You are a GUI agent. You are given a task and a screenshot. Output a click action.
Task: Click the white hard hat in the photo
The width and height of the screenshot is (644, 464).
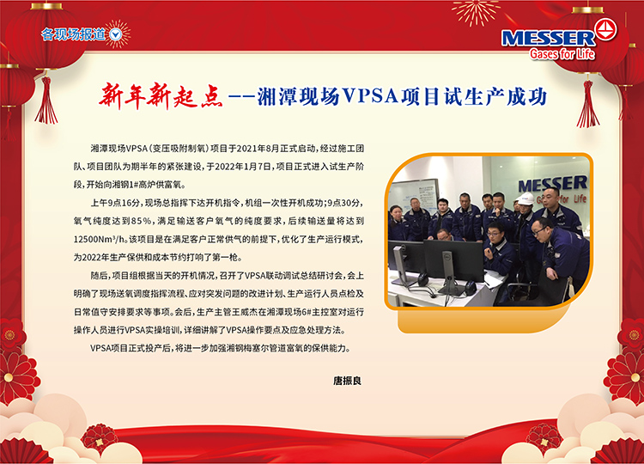tap(525, 198)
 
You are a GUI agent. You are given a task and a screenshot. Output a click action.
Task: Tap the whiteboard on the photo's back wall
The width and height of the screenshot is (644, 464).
tap(415, 194)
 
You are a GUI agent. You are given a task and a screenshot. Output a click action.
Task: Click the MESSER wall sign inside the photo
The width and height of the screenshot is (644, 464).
tap(553, 189)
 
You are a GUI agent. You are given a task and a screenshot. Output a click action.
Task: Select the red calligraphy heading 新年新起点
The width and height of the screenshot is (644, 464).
tap(161, 96)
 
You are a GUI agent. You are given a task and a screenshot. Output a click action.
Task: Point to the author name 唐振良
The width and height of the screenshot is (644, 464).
tap(347, 381)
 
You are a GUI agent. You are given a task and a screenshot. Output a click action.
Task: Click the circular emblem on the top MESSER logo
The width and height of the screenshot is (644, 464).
tap(606, 29)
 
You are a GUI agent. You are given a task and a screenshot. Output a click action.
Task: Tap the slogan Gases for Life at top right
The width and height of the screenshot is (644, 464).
tap(562, 54)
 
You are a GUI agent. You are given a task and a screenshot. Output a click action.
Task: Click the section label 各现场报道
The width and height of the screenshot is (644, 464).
tap(73, 34)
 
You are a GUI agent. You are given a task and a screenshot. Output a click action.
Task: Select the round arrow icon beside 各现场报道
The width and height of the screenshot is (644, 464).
tap(116, 35)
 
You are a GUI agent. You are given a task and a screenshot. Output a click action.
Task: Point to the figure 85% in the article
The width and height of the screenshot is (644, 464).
tap(142, 221)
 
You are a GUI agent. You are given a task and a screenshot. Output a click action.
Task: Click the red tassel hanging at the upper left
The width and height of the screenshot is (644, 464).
tap(46, 101)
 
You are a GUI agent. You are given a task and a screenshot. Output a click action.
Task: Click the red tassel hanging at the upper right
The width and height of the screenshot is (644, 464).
tap(587, 104)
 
